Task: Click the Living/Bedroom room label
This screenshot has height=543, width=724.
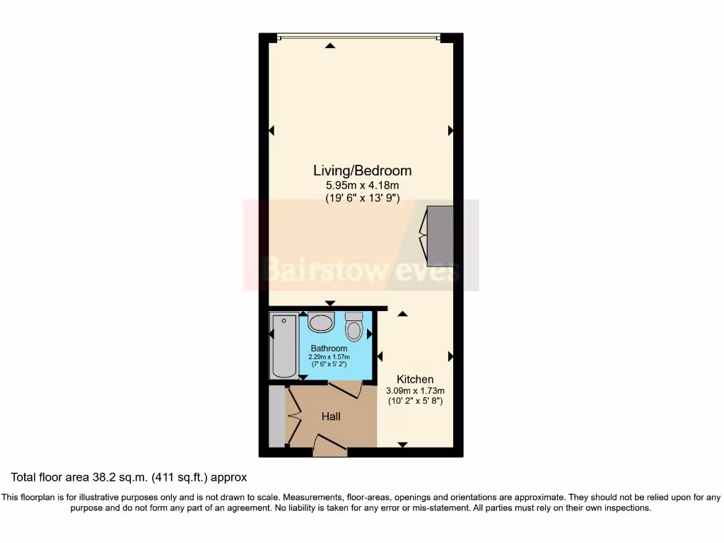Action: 362,170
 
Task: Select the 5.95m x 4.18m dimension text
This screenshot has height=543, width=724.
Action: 362,186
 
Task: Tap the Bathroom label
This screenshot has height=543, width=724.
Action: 329,349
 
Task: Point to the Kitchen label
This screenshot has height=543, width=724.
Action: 415,380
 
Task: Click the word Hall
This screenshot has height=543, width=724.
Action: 331,416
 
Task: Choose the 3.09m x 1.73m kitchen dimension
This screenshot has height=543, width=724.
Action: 415,391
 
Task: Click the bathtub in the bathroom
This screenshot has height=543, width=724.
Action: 284,346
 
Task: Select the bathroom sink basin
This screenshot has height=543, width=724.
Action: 322,323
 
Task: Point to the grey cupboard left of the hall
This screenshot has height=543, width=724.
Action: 276,416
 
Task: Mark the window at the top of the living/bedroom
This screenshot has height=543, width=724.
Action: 358,37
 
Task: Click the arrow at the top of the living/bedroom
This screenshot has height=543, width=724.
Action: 330,47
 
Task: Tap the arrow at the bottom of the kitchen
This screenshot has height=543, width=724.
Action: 402,444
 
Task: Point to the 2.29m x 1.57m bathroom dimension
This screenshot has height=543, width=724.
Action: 329,357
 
